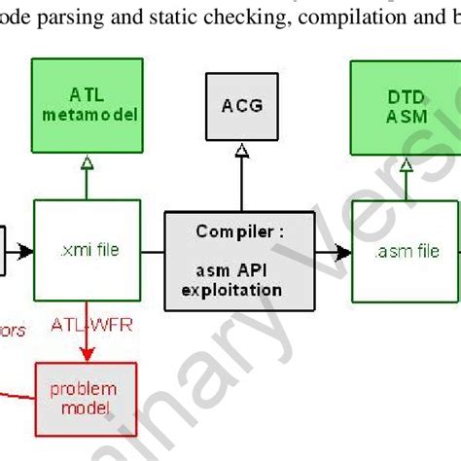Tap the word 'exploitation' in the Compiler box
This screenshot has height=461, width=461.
(239, 289)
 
